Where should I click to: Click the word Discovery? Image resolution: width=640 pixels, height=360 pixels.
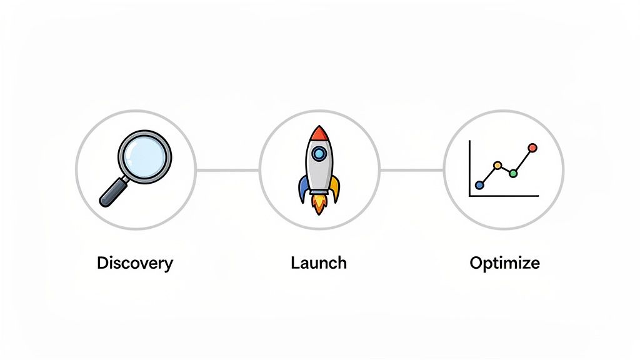click(135, 263)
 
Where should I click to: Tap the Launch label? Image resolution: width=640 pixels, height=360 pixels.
click(319, 262)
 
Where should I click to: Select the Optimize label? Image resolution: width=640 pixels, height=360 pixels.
click(504, 263)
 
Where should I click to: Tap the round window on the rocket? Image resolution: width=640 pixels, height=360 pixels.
click(319, 153)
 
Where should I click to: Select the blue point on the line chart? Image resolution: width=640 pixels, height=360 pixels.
click(479, 185)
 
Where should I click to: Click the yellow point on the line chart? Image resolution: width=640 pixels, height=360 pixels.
click(497, 166)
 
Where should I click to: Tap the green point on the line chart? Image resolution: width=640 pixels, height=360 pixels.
click(513, 173)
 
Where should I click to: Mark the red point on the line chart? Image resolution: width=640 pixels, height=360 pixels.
click(532, 148)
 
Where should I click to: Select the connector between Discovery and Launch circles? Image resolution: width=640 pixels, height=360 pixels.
click(227, 170)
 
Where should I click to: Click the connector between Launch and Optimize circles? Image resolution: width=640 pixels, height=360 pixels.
click(412, 170)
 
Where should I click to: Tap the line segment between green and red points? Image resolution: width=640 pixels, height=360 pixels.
click(522, 161)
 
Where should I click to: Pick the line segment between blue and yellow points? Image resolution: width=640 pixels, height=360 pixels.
click(488, 176)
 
